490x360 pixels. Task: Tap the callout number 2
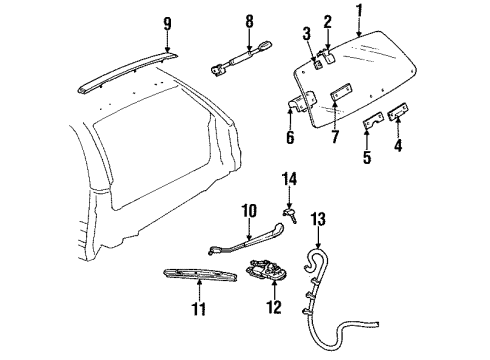pyautogui.click(x=326, y=20)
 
